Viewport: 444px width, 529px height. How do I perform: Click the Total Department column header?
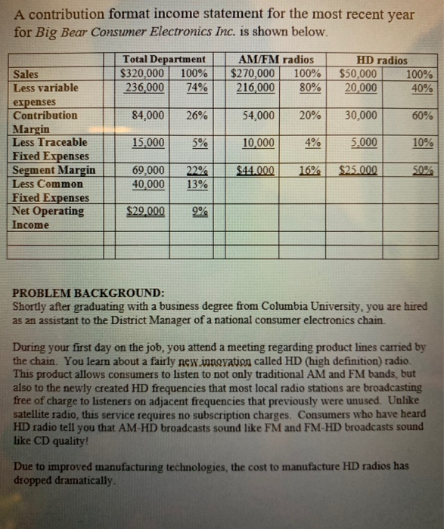tap(163, 60)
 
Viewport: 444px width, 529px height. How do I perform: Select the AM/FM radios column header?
tap(275, 60)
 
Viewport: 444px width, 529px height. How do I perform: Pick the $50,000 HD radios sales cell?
tap(359, 74)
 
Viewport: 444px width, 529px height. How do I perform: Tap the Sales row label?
tap(28, 74)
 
